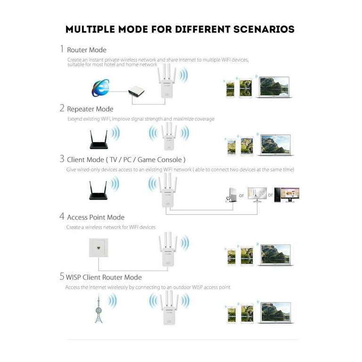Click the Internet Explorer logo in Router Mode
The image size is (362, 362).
pyautogui.click(x=100, y=88)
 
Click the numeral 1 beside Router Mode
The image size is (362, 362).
pyautogui.click(x=62, y=49)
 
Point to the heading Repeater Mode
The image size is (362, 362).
pyautogui.click(x=90, y=109)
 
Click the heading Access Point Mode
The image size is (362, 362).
pyautogui.click(x=96, y=217)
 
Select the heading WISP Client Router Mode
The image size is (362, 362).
pyautogui.click(x=104, y=277)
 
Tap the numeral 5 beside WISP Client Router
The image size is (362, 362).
pyautogui.click(x=62, y=277)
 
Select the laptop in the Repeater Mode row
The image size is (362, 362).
pyautogui.click(x=275, y=145)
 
